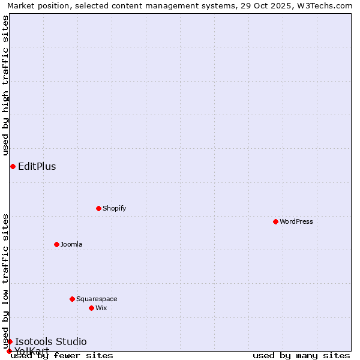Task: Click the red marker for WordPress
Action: [x=275, y=221]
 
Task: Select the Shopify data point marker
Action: [x=98, y=208]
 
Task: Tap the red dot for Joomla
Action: [x=56, y=244]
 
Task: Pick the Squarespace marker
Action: [x=72, y=299]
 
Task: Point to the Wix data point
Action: [x=91, y=308]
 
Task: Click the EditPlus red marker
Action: [x=13, y=166]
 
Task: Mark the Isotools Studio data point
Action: [x=10, y=341]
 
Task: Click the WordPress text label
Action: [x=296, y=221]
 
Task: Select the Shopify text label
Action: [x=114, y=208]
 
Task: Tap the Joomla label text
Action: [x=71, y=244]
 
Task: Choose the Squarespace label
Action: [x=97, y=299]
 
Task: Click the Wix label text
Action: [x=101, y=308]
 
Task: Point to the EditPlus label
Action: [x=37, y=166]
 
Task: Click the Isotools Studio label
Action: [x=51, y=341]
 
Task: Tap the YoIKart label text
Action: [x=32, y=351]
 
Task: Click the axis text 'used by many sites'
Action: [x=301, y=356]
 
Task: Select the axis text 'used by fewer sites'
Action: [x=62, y=356]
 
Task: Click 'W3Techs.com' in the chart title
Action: [x=326, y=5]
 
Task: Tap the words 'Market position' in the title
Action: [x=35, y=5]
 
